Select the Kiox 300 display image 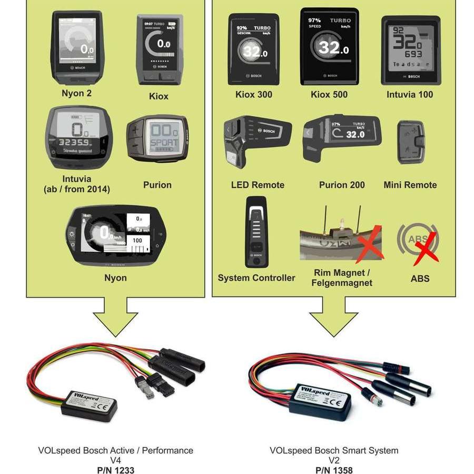point(253,50)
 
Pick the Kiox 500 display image point(329,46)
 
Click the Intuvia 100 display point(410,50)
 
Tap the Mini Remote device point(410,142)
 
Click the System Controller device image point(256,232)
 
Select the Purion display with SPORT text point(157,139)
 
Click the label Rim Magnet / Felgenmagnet point(342,278)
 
